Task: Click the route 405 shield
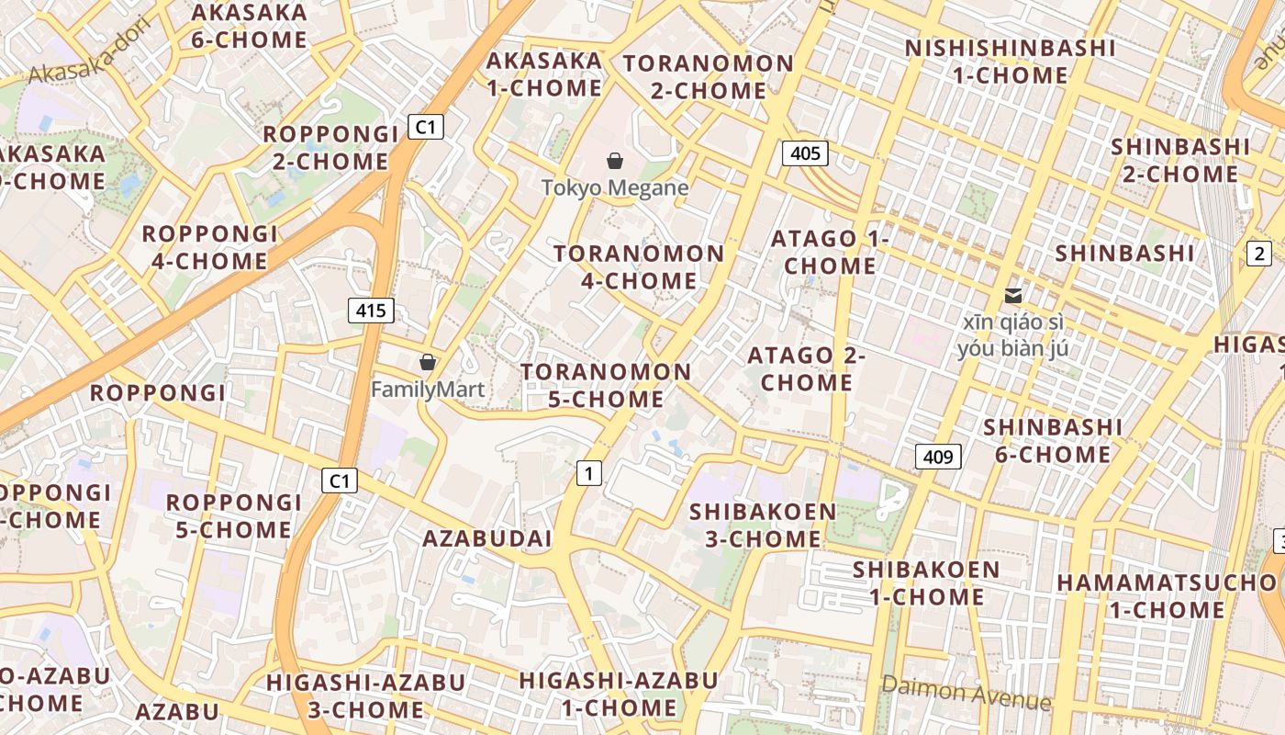[805, 153]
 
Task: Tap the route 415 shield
[371, 311]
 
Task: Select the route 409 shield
[938, 456]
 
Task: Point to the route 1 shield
[588, 473]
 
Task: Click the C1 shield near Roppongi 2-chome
[425, 127]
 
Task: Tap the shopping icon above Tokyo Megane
[615, 162]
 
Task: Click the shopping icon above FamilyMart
[427, 362]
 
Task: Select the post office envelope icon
[1013, 295]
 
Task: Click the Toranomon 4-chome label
[639, 266]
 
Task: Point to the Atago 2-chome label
[807, 368]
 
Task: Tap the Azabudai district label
[486, 538]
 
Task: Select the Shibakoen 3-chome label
[763, 525]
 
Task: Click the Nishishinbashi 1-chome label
[1010, 62]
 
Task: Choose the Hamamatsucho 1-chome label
[1167, 595]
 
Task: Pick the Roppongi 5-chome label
[233, 515]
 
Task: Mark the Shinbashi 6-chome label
[1053, 440]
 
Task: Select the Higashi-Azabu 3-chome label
[365, 695]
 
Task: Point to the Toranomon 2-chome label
[709, 77]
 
